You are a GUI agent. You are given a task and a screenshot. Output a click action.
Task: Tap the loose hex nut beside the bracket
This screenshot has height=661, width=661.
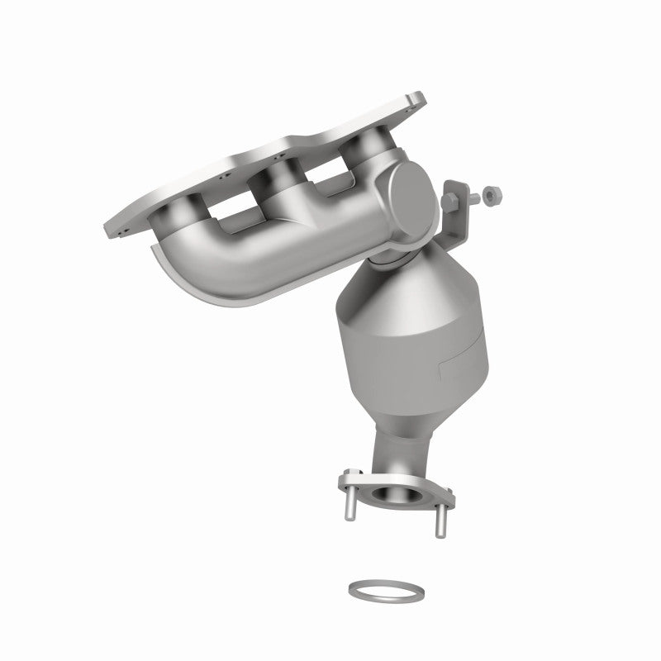(490, 195)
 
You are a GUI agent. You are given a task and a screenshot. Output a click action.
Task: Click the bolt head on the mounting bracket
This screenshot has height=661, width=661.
(454, 199)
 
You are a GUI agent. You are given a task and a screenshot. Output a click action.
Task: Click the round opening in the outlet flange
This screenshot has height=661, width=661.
(399, 496)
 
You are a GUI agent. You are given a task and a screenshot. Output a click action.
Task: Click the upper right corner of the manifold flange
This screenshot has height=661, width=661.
(417, 102)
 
